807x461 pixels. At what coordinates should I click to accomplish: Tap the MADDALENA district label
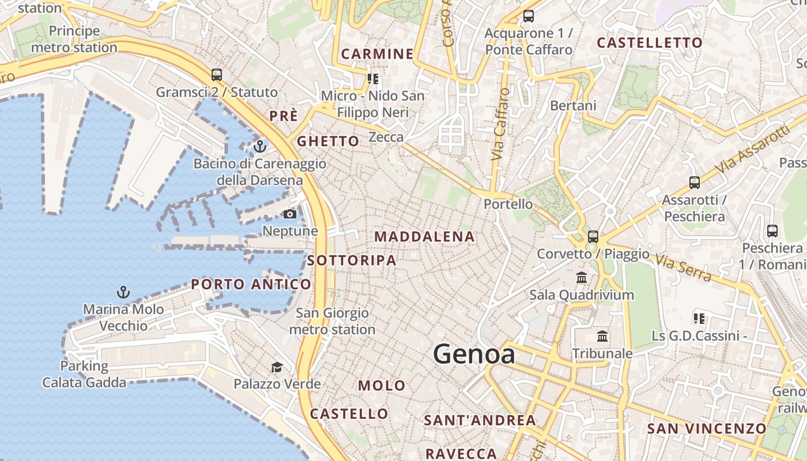coord(425,237)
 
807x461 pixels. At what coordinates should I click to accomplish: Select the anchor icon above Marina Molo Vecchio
coord(123,292)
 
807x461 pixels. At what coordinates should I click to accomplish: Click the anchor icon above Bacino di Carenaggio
coord(260,146)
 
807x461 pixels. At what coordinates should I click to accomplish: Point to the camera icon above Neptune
coord(290,214)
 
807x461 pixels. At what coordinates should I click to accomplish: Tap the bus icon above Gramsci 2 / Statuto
coord(217,75)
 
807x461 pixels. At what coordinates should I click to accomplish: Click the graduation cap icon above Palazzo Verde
coord(277,367)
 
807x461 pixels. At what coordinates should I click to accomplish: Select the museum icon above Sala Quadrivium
coord(582,278)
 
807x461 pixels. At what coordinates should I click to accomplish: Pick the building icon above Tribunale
coord(602,336)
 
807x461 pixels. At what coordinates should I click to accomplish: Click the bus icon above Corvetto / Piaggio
coord(593,236)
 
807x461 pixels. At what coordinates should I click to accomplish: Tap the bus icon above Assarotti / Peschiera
coord(695,183)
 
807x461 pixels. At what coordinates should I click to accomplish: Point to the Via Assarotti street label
coord(753,149)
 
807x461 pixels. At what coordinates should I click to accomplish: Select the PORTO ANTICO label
coord(251,284)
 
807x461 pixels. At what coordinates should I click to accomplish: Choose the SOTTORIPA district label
coord(352,260)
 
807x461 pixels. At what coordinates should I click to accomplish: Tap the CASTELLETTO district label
coord(650,43)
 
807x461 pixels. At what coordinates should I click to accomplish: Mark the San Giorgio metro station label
coord(332,322)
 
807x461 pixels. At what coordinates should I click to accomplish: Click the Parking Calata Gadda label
coord(84,374)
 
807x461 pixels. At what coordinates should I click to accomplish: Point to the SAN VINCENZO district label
coord(707,429)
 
